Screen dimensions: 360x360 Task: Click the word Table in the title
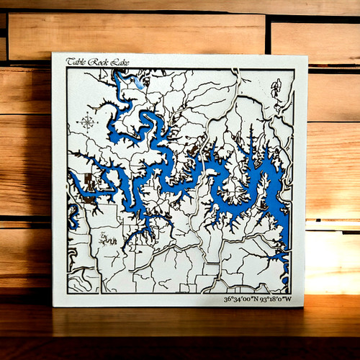click(x=75, y=62)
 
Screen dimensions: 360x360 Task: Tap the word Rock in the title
click(x=91, y=62)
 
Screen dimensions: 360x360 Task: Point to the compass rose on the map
click(x=86, y=120)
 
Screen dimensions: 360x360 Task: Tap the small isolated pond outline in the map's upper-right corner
click(x=276, y=89)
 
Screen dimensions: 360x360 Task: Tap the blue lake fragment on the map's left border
click(x=71, y=212)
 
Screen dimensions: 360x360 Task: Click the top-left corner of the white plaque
click(x=53, y=53)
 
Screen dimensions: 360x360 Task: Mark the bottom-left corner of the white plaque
click(x=53, y=307)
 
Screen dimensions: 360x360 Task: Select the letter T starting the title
click(x=69, y=62)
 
